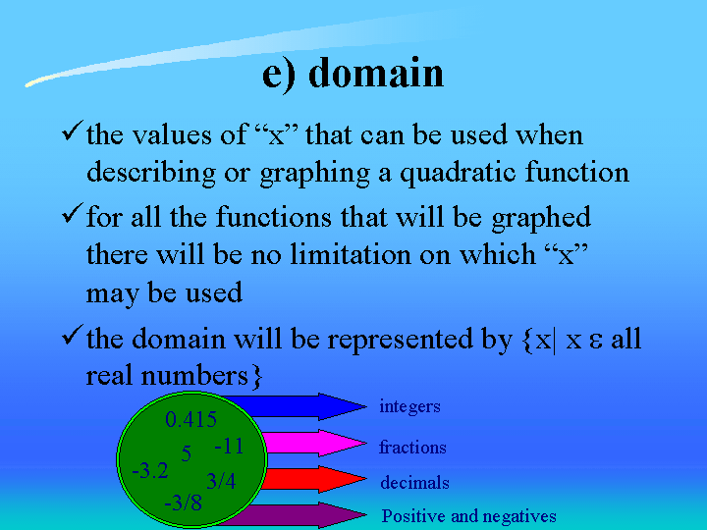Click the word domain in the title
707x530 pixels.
376,73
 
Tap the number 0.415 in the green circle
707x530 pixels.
190,420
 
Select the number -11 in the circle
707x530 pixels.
229,447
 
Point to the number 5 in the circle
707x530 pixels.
187,453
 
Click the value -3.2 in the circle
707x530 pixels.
150,471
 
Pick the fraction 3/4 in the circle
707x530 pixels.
221,481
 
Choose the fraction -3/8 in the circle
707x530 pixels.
183,503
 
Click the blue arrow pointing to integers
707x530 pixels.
293,406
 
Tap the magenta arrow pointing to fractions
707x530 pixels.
314,443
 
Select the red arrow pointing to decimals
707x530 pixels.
314,479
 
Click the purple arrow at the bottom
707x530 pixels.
293,515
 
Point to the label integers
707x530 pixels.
409,406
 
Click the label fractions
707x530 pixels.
412,448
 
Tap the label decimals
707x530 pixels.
414,483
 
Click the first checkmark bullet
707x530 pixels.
72,131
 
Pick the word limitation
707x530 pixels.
351,254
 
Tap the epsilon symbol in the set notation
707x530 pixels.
595,342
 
